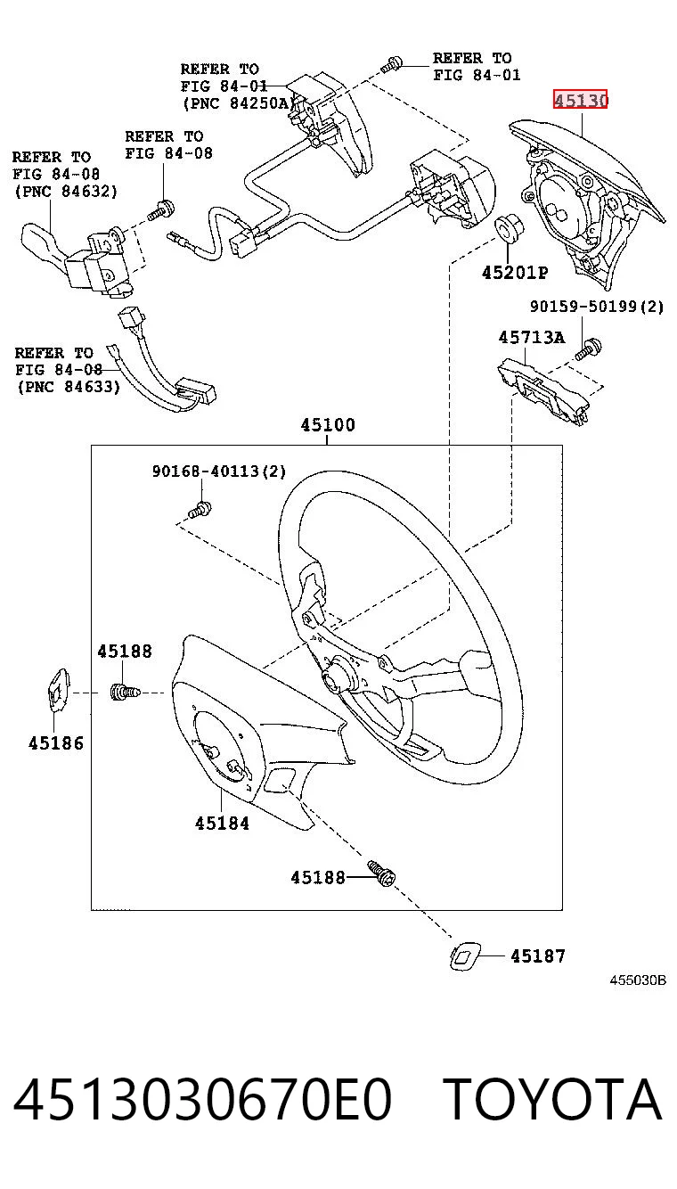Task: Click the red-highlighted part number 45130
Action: click(x=580, y=99)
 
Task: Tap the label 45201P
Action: click(x=515, y=273)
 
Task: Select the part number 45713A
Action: click(x=532, y=338)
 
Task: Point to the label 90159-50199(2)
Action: click(x=597, y=307)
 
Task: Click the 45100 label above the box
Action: click(x=328, y=424)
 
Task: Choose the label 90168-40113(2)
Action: click(x=219, y=471)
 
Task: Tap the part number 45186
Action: click(x=56, y=743)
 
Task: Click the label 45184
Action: click(x=222, y=824)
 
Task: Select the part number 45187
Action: click(x=538, y=956)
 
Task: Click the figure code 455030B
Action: click(x=638, y=980)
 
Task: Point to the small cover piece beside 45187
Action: click(x=464, y=956)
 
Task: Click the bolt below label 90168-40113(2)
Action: click(x=200, y=511)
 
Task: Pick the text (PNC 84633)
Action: click(x=69, y=387)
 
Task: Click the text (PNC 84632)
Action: click(x=66, y=191)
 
